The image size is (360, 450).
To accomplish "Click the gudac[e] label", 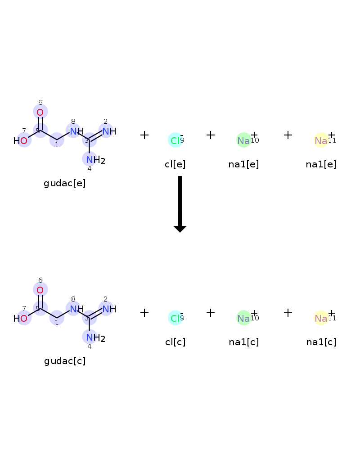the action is pyautogui.click(x=65, y=183).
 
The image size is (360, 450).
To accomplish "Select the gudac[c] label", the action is pyautogui.click(x=65, y=361).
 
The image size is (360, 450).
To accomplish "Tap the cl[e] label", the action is pyautogui.click(x=175, y=164).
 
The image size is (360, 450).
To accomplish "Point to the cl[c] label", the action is pyautogui.click(x=175, y=342).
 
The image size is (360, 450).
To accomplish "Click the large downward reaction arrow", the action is pyautogui.click(x=180, y=204).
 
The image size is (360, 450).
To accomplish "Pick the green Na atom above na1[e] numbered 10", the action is pyautogui.click(x=243, y=140).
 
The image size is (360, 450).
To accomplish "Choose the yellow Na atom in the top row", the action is pyautogui.click(x=321, y=140).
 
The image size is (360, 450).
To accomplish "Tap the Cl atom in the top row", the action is pyautogui.click(x=175, y=140).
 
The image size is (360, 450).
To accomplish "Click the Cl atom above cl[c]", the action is pyautogui.click(x=175, y=318).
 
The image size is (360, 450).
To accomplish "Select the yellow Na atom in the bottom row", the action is pyautogui.click(x=321, y=318).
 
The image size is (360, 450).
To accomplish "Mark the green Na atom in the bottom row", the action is pyautogui.click(x=243, y=318).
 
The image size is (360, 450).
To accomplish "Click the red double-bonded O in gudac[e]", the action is pyautogui.click(x=40, y=112).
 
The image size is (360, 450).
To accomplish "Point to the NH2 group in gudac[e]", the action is pyautogui.click(x=95, y=160).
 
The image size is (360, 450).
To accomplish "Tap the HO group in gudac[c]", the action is pyautogui.click(x=20, y=318).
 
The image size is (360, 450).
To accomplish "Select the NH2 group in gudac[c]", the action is pyautogui.click(x=95, y=337).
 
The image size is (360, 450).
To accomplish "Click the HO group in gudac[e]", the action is pyautogui.click(x=20, y=140).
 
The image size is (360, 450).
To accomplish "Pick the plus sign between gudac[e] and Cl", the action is pyautogui.click(x=144, y=135).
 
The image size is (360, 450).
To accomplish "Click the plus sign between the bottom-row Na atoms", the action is pyautogui.click(x=288, y=313).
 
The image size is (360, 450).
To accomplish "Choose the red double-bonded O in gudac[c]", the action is pyautogui.click(x=40, y=290).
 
